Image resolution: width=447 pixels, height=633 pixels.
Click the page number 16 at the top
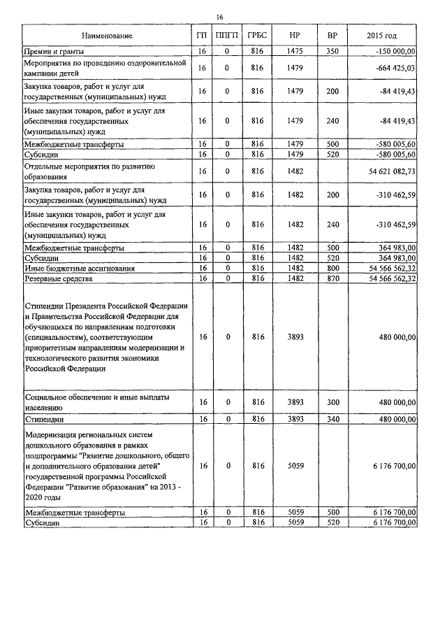point(219,17)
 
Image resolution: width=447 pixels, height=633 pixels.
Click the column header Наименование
point(106,36)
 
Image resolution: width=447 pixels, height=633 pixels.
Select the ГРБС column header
point(257,36)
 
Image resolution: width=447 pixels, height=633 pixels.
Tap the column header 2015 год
point(381,36)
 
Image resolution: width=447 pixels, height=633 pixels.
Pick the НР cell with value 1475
point(295,51)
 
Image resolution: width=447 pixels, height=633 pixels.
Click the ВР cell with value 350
point(332,51)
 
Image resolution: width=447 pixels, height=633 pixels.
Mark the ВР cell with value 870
point(332,278)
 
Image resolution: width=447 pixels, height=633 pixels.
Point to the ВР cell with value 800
point(332,268)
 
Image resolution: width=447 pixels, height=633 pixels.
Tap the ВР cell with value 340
point(332,420)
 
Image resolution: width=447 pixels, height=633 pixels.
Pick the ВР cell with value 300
point(332,402)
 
